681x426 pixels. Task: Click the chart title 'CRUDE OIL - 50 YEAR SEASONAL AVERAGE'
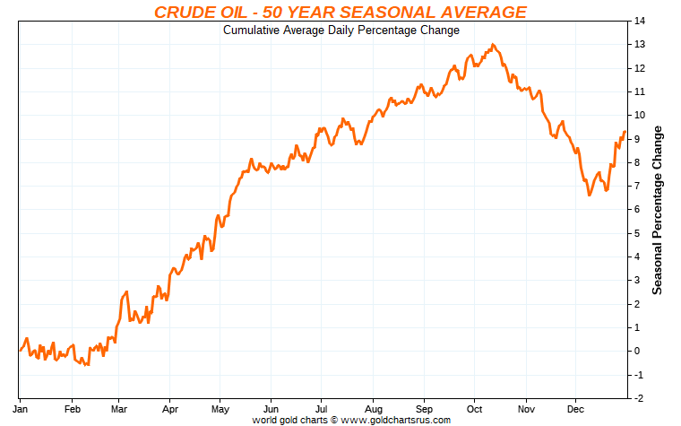pyautogui.click(x=340, y=12)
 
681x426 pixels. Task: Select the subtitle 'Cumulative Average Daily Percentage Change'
pyautogui.click(x=340, y=30)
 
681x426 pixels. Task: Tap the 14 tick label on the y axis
pyautogui.click(x=640, y=21)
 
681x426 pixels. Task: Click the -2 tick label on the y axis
pyautogui.click(x=639, y=398)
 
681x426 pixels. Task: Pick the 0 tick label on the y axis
pyautogui.click(x=637, y=351)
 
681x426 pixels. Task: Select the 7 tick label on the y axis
pyautogui.click(x=637, y=186)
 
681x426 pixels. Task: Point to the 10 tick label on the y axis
pyautogui.click(x=640, y=115)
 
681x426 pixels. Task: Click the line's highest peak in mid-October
pyautogui.click(x=494, y=44)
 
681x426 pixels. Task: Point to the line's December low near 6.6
pyautogui.click(x=589, y=195)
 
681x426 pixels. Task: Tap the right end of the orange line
pyautogui.click(x=625, y=132)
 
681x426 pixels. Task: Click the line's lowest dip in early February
pyautogui.click(x=87, y=365)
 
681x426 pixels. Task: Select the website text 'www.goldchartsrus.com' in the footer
pyautogui.click(x=401, y=419)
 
